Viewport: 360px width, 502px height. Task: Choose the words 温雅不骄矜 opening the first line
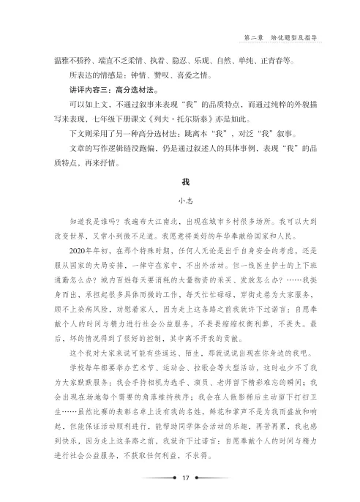click(x=65, y=61)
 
